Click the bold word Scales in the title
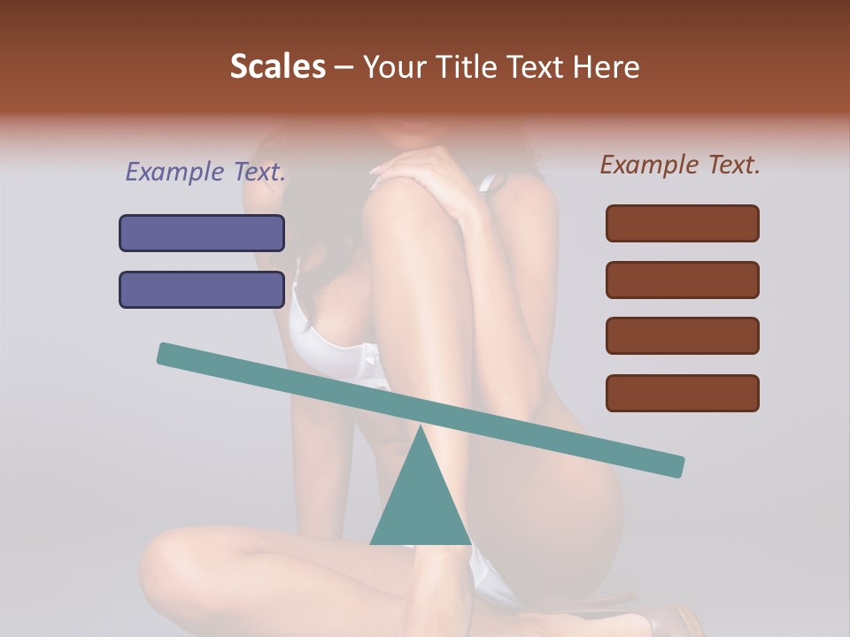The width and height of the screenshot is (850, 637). (277, 67)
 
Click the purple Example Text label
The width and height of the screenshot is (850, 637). (205, 172)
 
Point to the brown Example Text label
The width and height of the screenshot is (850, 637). (680, 165)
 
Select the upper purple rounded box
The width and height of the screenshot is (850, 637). (202, 233)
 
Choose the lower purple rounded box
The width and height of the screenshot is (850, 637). (202, 289)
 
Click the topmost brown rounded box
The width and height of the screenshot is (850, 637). (682, 223)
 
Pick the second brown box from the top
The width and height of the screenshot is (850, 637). (682, 280)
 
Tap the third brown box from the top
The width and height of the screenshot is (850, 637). (682, 336)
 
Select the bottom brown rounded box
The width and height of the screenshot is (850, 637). (682, 393)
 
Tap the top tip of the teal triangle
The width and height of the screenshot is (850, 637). (420, 427)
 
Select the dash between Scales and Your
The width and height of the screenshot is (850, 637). (344, 67)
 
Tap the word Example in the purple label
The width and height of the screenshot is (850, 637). (175, 172)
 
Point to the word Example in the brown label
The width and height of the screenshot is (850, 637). (650, 165)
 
